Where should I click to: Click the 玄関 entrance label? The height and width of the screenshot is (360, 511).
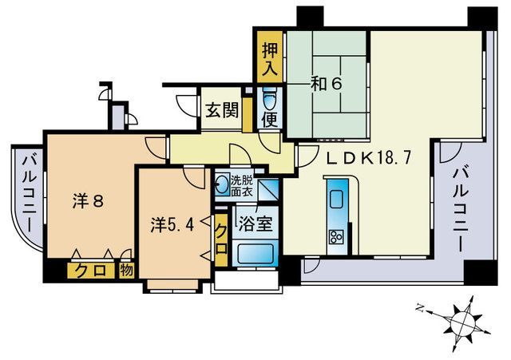[222, 110]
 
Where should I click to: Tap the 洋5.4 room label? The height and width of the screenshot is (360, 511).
[172, 226]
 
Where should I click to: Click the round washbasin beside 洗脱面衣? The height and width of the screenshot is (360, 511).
[221, 187]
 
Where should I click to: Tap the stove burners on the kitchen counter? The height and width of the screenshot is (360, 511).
[335, 235]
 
